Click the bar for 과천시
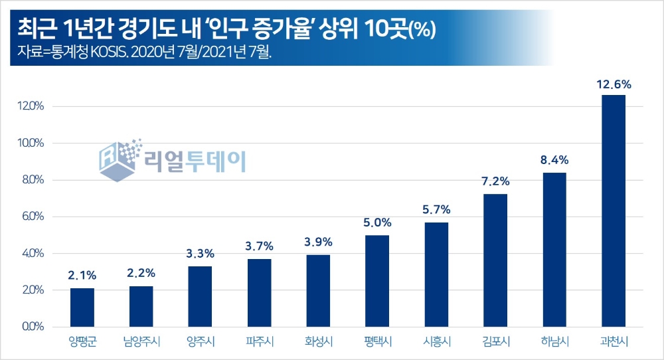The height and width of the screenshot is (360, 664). click(x=613, y=211)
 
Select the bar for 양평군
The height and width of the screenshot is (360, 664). click(x=82, y=307)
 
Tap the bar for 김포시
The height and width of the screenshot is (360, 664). click(x=495, y=260)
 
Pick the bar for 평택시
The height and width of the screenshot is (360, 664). click(x=377, y=280)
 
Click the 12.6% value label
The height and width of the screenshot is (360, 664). click(x=613, y=84)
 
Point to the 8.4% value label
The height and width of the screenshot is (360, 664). click(x=554, y=161)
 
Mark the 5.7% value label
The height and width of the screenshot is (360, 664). click(x=436, y=211)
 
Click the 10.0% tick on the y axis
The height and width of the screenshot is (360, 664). click(x=31, y=143)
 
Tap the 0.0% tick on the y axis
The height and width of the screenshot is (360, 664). click(x=31, y=327)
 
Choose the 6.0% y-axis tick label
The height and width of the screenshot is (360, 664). click(x=31, y=217)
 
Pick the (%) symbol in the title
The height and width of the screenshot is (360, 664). click(x=422, y=32)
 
